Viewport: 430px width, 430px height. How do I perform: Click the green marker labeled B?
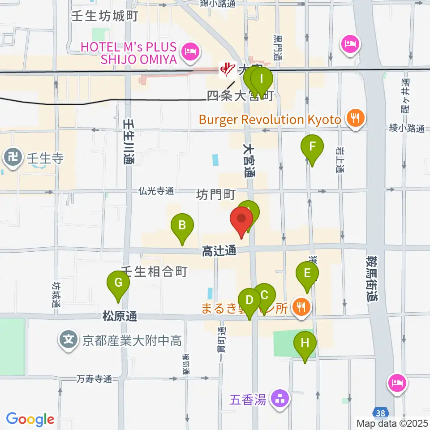182,225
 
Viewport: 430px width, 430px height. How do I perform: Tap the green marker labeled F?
312,147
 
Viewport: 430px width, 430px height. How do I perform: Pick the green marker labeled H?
305,344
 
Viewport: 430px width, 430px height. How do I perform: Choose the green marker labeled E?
307,274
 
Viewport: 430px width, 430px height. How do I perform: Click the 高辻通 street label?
219,252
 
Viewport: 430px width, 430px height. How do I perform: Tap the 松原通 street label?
119,316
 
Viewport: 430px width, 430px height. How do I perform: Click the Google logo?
30,419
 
